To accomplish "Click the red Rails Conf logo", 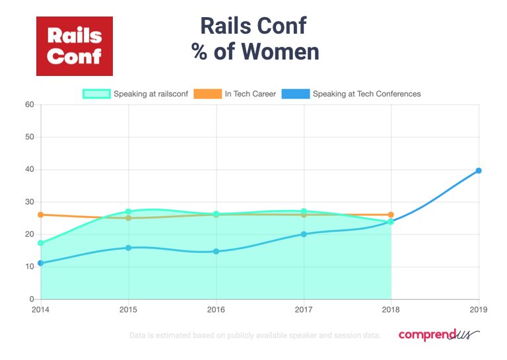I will [x=74, y=46].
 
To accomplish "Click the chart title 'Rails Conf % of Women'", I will [x=255, y=38].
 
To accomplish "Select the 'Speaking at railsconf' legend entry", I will [x=135, y=94].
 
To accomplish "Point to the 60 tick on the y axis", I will [x=29, y=104].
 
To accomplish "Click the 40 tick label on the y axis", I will [x=29, y=170].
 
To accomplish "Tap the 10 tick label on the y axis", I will [x=29, y=267].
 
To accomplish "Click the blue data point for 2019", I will [x=479, y=170].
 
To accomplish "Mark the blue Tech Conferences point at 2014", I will [x=41, y=263].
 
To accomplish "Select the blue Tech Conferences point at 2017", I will [x=304, y=234].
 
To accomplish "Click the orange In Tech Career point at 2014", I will [x=41, y=215].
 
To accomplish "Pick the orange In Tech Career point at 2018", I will [x=391, y=215].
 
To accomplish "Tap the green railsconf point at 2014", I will [x=41, y=243].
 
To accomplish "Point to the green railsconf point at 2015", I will [x=129, y=211].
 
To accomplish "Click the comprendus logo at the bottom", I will [x=438, y=336].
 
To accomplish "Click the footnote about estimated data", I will [x=254, y=336].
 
